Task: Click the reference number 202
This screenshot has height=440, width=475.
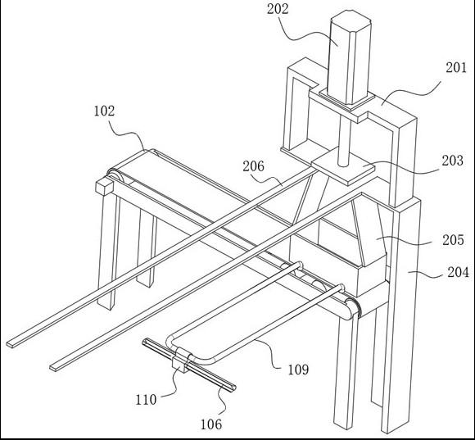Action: [278, 9]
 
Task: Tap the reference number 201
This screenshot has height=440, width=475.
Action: [456, 67]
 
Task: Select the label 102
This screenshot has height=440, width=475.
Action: [104, 111]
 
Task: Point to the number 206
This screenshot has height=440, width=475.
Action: [253, 166]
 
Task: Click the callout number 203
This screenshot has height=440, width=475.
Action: [453, 161]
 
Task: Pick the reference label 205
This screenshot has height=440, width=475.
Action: [453, 240]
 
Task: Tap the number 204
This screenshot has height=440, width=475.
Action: [459, 272]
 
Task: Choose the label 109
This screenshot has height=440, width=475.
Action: [298, 370]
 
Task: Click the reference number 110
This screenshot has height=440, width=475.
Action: [146, 400]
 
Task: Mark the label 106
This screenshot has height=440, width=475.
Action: [211, 424]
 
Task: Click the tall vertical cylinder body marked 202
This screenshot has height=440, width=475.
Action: [350, 57]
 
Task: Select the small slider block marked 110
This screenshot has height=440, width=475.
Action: [180, 361]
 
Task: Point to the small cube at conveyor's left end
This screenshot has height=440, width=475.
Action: [104, 187]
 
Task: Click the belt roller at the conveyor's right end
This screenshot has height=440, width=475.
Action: [351, 307]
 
